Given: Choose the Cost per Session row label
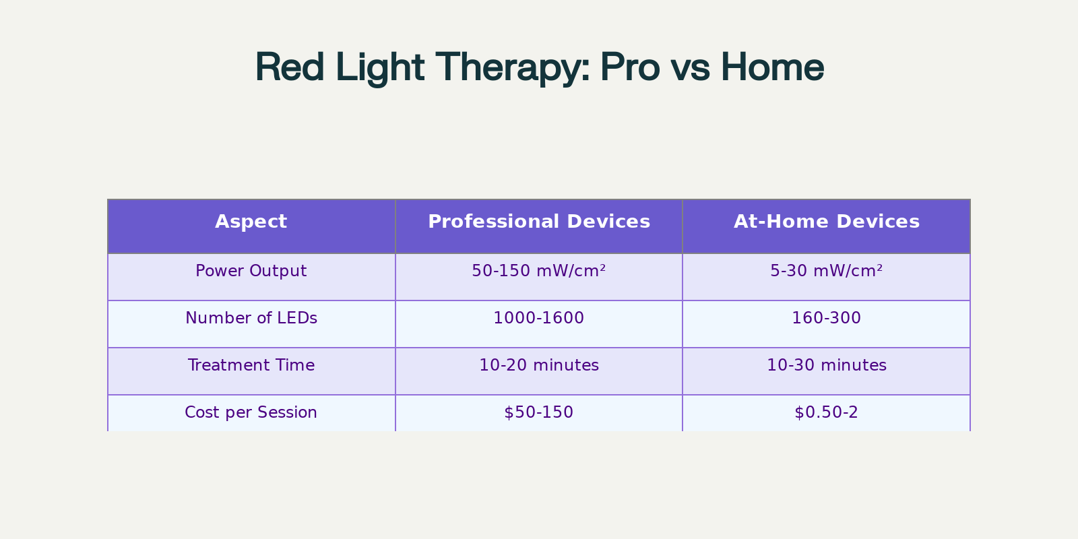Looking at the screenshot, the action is (x=251, y=412).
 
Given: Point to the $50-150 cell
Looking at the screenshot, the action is (x=538, y=412).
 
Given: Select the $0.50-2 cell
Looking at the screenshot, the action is (x=826, y=412).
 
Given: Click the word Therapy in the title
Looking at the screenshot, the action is (x=513, y=68).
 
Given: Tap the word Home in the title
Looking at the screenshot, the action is (x=772, y=67).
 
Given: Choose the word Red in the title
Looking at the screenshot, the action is (x=289, y=67).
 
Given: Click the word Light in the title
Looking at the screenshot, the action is (x=380, y=68).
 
